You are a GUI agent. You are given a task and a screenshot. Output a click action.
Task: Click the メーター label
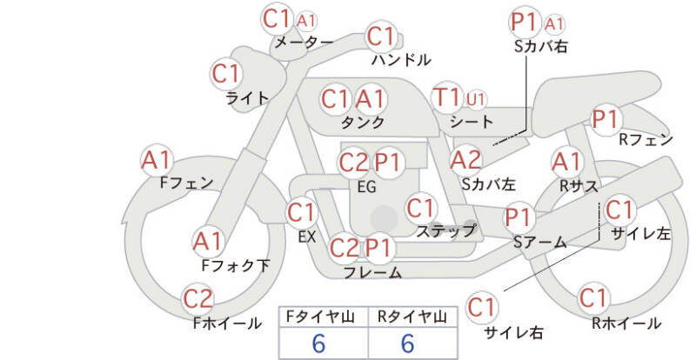304,43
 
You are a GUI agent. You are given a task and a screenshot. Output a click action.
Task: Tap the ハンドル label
401,60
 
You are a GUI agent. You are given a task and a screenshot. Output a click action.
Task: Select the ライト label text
247,98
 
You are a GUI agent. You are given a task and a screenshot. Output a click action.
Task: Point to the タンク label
363,123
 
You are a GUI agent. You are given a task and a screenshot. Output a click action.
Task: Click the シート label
472,122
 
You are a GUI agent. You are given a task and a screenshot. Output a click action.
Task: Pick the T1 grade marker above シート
447,97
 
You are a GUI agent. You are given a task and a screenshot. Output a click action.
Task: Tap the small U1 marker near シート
475,99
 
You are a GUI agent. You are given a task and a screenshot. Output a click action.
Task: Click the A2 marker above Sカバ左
465,160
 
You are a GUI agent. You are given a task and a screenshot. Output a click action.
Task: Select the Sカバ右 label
540,47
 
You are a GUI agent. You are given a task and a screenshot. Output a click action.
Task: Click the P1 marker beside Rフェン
606,119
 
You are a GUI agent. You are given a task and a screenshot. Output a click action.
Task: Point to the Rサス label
579,186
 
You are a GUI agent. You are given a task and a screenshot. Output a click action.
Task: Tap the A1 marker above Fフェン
156,160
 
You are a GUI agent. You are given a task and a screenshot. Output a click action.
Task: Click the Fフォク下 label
236,266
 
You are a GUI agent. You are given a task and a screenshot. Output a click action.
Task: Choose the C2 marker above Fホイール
198,299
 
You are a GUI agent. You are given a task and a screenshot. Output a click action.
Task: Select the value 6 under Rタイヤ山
407,343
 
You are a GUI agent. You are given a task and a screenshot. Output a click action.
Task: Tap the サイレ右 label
513,333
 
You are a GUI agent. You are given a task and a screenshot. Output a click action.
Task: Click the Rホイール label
626,323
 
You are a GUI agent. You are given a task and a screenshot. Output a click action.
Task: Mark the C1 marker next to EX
301,213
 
